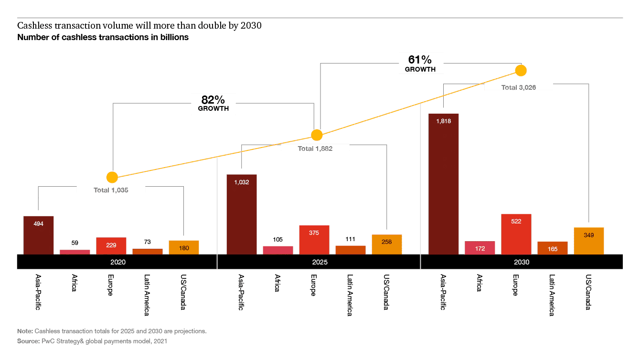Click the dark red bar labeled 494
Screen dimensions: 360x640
39,235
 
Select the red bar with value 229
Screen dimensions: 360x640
111,245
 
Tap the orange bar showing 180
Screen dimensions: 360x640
184,247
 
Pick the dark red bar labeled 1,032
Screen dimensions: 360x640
242,214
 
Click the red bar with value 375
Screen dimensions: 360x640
314,240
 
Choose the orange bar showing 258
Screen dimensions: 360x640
387,244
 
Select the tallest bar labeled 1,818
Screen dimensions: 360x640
444,184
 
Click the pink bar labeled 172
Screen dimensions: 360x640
480,248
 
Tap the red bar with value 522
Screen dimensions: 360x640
516,234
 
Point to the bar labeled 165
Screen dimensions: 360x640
553,248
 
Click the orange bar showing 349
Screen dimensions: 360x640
589,241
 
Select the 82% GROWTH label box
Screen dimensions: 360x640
213,104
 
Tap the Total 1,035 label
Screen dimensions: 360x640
111,190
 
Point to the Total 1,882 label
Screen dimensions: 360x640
315,148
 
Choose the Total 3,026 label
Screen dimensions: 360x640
518,87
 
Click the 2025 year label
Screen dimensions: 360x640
320,262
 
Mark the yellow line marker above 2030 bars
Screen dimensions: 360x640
521,71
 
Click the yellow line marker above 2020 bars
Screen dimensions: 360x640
112,178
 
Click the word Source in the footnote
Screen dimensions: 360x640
26,341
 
